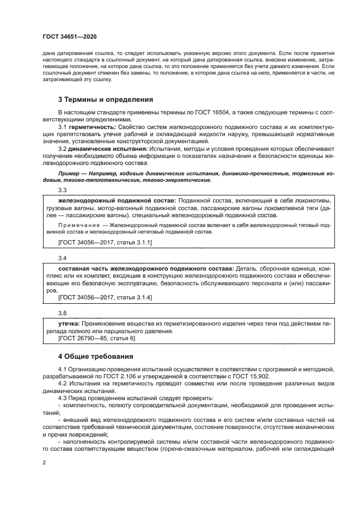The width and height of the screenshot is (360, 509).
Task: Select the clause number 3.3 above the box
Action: pos(62,190)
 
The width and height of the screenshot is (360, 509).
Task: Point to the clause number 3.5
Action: pos(62,313)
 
